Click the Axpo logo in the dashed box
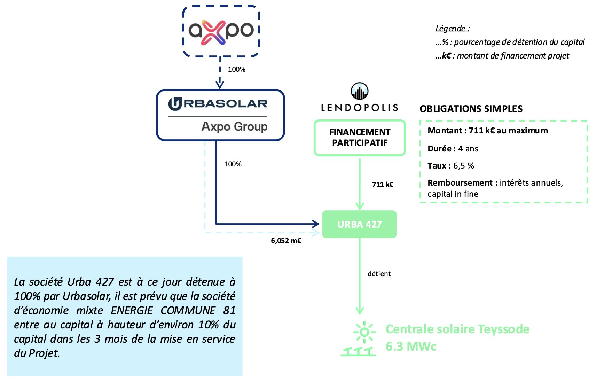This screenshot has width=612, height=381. pos(221,31)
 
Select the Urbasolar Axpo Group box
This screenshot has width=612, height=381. pos(220,115)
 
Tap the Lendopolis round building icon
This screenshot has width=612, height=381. pos(359,91)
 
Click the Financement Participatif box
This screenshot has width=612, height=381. pos(360,138)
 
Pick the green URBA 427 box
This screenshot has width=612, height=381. pos(359,224)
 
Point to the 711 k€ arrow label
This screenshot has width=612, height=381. pos(383,185)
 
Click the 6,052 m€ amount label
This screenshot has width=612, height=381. pos(286,241)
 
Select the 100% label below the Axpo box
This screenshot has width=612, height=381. pos(236,69)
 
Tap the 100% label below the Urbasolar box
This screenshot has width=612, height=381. pos(233,164)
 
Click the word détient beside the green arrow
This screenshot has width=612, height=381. pos(379,274)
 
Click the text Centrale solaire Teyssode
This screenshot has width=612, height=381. pos(457,329)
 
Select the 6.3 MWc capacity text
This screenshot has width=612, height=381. pos(411,347)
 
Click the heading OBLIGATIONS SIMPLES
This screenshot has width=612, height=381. pos(471,109)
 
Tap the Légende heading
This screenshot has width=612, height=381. pos(452,29)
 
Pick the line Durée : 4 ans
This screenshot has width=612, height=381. pos(453,149)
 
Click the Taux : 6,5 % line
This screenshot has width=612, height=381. pos(450,166)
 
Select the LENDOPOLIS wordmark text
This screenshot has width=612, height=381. pos(359,108)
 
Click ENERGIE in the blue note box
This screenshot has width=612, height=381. pos(132,310)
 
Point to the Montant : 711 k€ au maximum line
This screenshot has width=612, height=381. pos(487,131)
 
